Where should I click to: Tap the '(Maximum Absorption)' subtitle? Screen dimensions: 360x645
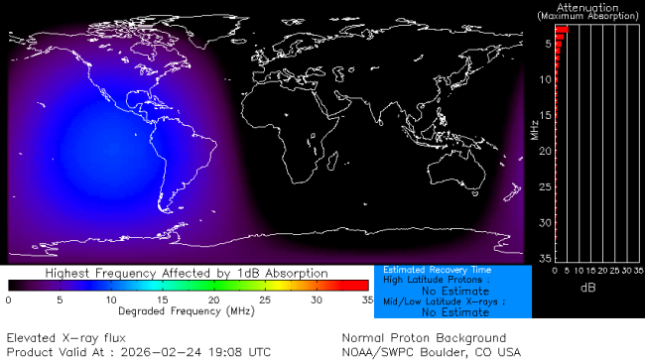click(588, 16)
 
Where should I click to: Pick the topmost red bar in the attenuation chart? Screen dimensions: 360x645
click(561, 30)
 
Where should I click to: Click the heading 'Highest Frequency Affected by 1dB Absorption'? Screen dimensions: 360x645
click(187, 272)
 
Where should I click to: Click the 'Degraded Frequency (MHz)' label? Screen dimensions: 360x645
click(187, 310)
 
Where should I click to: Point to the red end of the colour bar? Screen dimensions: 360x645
click(359, 287)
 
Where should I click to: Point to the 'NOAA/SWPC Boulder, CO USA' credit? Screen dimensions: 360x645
click(431, 351)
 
